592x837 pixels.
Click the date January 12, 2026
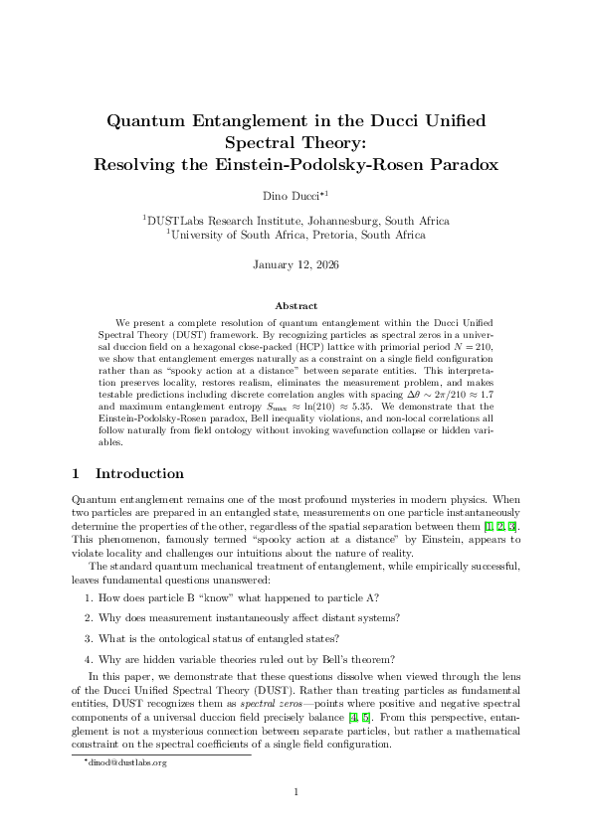296,264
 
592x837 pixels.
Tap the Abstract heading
296,306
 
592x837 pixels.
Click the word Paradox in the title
457,164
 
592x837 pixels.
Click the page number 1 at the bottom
296,791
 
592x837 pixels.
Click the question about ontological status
218,637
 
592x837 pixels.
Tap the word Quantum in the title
147,121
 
